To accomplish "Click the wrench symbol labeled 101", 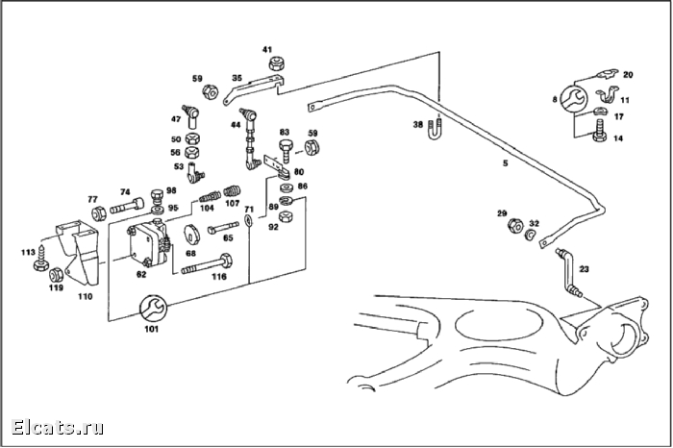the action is (153, 308).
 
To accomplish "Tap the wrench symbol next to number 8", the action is (573, 100).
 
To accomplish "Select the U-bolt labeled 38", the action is (435, 128).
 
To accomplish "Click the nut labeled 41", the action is (278, 63).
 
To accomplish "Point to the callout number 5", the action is (506, 163).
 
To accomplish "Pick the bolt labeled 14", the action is (598, 132).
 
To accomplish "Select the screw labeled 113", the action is (41, 259).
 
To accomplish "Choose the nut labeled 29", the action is (514, 226).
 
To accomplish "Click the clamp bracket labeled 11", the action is (606, 95).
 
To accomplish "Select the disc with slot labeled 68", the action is (192, 234).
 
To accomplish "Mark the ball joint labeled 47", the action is (191, 116).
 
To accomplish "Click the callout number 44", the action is (236, 125).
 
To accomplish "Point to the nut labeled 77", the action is (99, 212).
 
